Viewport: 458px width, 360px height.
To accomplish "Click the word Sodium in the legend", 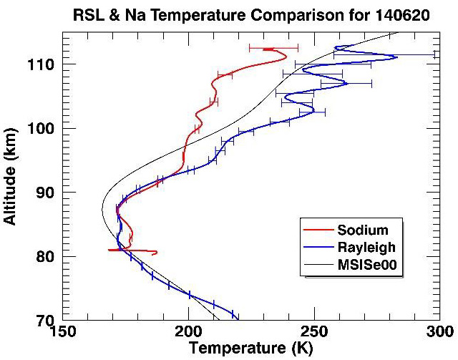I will (363, 230).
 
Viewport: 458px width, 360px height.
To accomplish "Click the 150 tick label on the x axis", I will (62, 333).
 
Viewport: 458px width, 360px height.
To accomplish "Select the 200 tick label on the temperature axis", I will (188, 333).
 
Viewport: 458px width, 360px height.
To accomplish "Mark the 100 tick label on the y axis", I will (41, 128).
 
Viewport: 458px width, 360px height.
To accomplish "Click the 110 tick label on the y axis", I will (41, 64).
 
